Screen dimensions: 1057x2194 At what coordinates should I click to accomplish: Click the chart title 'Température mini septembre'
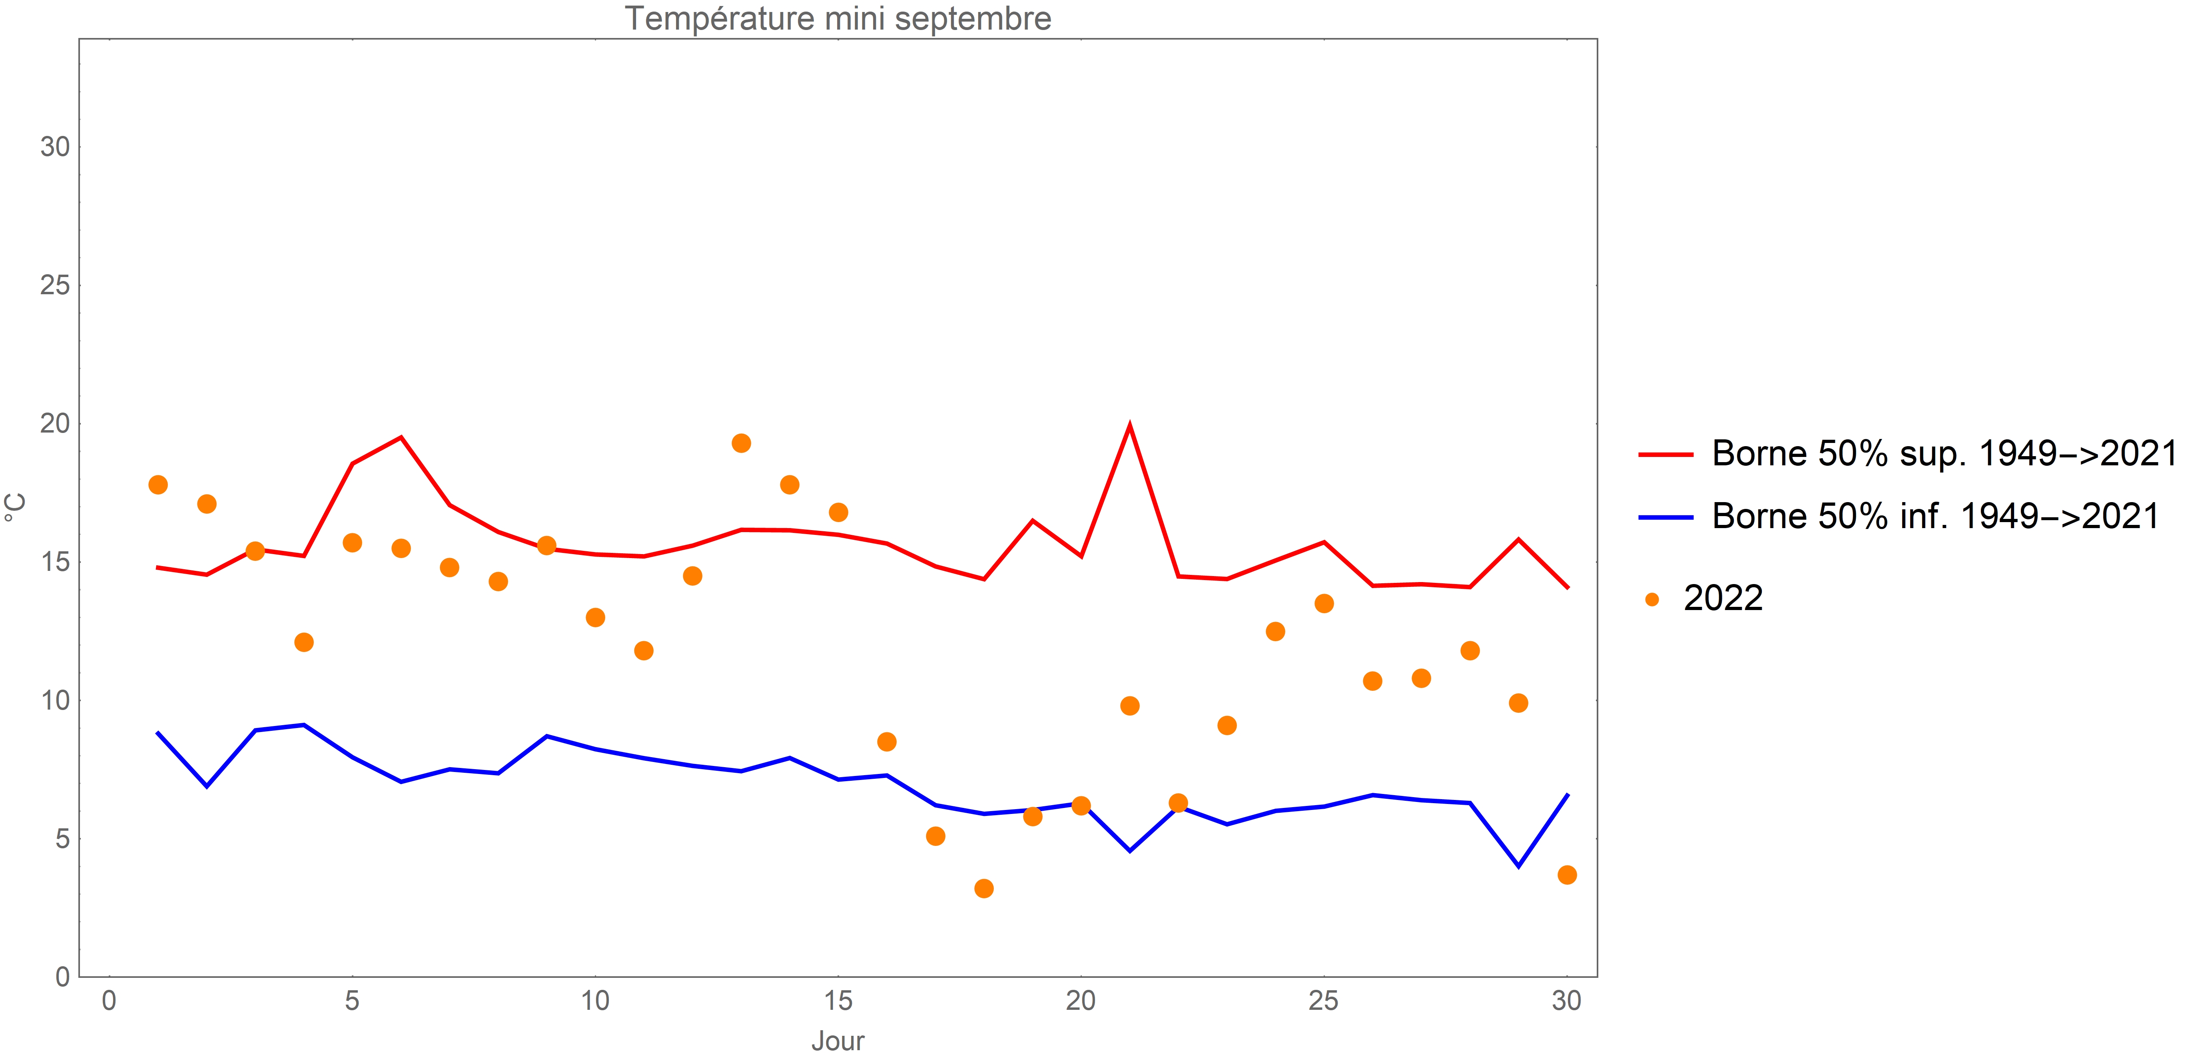(x=838, y=19)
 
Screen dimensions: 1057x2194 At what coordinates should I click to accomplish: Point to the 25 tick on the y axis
(x=54, y=285)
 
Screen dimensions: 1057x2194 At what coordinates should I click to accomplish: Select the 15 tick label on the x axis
(x=838, y=1001)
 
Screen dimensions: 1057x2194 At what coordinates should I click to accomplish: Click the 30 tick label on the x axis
(x=1566, y=1001)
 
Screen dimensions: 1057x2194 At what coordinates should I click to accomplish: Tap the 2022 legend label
(x=1722, y=599)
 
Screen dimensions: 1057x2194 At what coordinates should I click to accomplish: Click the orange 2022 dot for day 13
(x=741, y=443)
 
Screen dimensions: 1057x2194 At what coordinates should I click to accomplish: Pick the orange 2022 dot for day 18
(x=984, y=888)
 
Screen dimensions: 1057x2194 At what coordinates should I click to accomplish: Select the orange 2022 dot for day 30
(x=1567, y=875)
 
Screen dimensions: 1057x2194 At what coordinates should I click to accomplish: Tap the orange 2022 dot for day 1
(x=158, y=485)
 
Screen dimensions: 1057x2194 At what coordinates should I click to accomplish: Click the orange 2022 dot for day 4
(x=304, y=642)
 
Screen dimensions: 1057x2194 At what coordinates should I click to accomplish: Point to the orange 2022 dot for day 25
(x=1324, y=603)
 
